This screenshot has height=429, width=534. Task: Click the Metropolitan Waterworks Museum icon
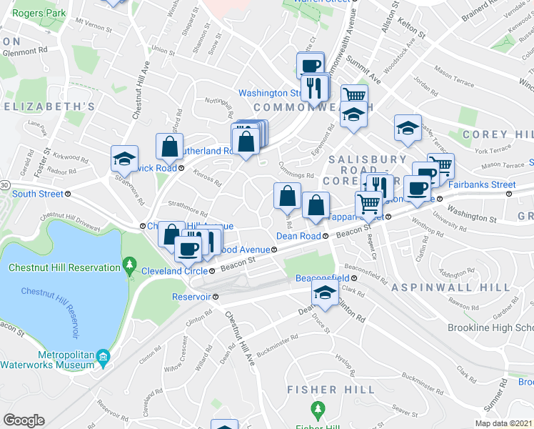(x=103, y=356)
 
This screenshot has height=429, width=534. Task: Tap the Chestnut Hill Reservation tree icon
(x=129, y=267)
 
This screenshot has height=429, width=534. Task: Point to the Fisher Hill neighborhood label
(x=330, y=390)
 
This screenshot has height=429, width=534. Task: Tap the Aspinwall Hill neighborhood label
(x=450, y=287)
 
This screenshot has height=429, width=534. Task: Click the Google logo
(x=24, y=420)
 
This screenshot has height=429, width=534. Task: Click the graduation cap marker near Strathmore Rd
(x=124, y=159)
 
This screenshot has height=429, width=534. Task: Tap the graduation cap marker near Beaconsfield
(x=325, y=293)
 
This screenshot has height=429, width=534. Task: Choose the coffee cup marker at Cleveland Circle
(x=188, y=249)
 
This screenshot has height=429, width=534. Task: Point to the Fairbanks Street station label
(x=482, y=184)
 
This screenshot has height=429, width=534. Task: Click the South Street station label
(x=37, y=194)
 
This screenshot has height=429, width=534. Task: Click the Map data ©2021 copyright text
(x=504, y=423)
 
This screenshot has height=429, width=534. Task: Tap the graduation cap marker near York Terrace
(x=408, y=128)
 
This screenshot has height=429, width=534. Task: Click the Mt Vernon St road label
(x=90, y=22)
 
